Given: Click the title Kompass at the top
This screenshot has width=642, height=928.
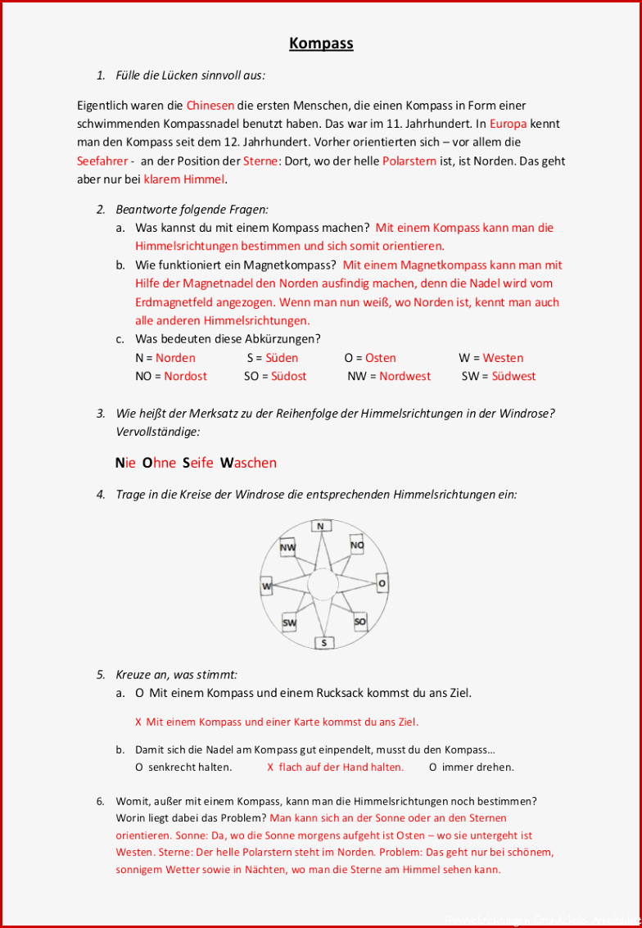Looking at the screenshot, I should (321, 43).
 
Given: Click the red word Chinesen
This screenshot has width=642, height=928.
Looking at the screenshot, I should (210, 106).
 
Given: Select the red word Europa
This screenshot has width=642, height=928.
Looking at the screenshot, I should (508, 124).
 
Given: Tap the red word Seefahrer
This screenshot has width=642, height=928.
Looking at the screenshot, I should (102, 161).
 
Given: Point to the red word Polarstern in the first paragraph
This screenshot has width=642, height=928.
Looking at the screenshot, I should (409, 161).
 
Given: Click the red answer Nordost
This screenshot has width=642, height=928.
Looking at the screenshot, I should (185, 376).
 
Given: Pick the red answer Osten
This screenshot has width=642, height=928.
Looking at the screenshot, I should (381, 358).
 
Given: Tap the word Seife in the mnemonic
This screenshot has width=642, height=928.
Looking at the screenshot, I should (197, 463).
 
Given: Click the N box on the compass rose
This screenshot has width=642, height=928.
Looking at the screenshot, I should (320, 526).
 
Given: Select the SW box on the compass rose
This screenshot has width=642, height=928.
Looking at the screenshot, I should (289, 623).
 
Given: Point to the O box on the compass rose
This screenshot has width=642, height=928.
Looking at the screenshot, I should (382, 583).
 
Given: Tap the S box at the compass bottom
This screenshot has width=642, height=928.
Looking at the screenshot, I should (323, 643).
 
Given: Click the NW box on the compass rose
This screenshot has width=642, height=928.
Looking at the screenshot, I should (287, 547).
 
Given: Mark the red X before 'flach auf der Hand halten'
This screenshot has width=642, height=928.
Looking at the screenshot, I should (270, 767).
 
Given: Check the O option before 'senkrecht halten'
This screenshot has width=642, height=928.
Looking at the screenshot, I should (139, 767).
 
